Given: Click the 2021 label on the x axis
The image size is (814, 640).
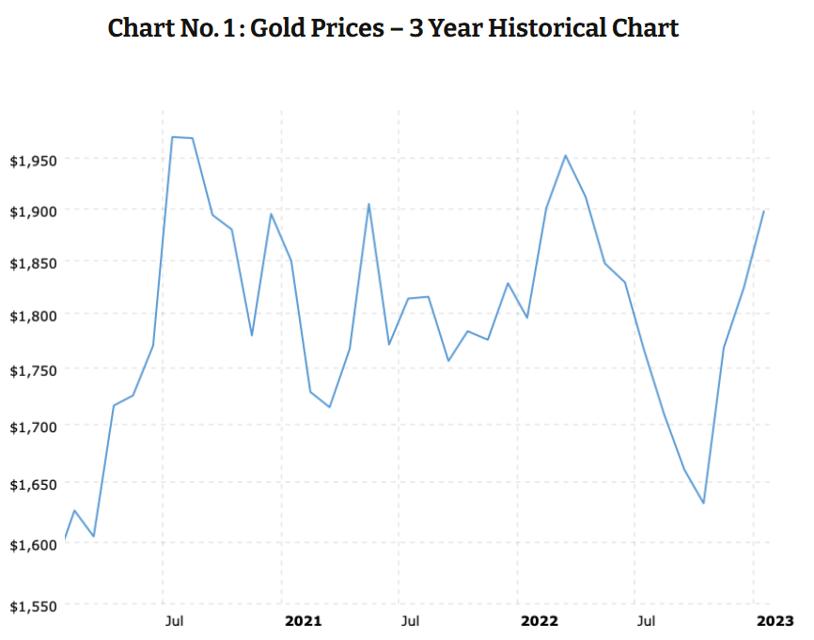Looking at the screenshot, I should point(303,621).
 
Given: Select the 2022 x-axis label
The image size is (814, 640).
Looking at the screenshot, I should point(540,621).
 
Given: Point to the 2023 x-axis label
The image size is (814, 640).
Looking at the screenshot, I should point(775,621).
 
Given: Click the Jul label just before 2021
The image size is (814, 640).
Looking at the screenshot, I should point(174,621).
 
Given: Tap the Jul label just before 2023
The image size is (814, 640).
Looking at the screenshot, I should point(646,621).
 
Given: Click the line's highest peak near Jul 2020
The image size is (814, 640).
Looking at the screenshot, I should point(173,137).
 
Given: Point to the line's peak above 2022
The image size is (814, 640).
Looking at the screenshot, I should point(565,156).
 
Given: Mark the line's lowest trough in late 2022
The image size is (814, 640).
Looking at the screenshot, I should point(703,503).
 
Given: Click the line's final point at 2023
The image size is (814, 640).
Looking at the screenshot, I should point(763,211).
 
